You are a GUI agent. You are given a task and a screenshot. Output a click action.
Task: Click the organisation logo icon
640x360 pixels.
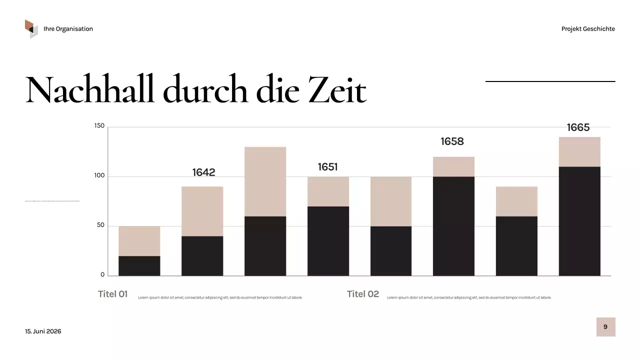coord(31,28)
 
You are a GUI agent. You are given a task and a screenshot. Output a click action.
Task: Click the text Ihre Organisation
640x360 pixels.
coord(68,29)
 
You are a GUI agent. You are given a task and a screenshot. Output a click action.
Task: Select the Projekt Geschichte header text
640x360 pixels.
coord(588,29)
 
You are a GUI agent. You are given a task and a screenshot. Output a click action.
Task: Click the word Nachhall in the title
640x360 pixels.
coord(90,90)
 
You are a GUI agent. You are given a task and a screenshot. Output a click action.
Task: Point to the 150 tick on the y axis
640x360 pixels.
coord(99,126)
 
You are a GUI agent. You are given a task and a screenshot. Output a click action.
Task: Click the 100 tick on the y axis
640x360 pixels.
coord(99,176)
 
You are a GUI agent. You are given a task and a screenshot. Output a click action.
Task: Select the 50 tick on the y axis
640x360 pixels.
coord(100,225)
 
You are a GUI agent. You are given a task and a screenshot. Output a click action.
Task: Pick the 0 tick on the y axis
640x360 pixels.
coord(102,274)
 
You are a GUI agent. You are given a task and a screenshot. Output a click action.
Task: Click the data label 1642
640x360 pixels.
coord(203,172)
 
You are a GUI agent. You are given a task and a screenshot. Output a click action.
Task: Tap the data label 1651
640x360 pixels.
coord(327,167)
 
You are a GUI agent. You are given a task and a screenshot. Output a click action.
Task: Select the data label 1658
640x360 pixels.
coord(452,141)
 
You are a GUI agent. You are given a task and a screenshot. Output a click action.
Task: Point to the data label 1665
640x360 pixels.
coord(578,127)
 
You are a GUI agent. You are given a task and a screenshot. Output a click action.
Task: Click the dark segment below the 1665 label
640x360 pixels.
coord(579,221)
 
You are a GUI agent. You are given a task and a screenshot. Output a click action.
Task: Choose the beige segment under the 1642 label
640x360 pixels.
coord(202,211)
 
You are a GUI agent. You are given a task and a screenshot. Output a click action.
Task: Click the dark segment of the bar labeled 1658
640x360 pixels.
coord(453,226)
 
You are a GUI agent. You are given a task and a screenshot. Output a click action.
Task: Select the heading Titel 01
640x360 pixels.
coord(112,294)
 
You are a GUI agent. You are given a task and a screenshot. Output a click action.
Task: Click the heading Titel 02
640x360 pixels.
coord(362,294)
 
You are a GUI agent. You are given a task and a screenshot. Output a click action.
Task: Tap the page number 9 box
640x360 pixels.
coord(605,327)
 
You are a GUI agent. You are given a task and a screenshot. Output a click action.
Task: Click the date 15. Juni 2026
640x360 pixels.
coord(43,331)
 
